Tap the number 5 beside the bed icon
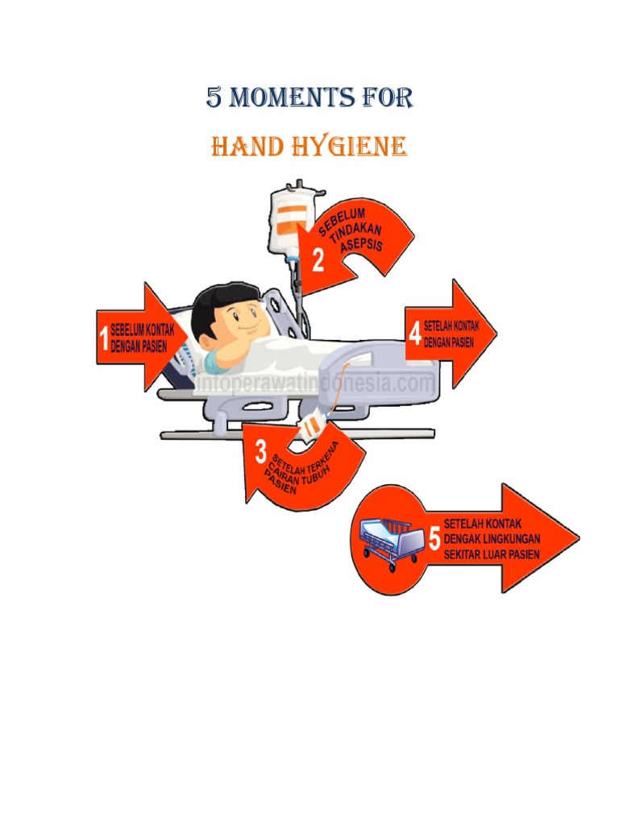coord(434,539)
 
